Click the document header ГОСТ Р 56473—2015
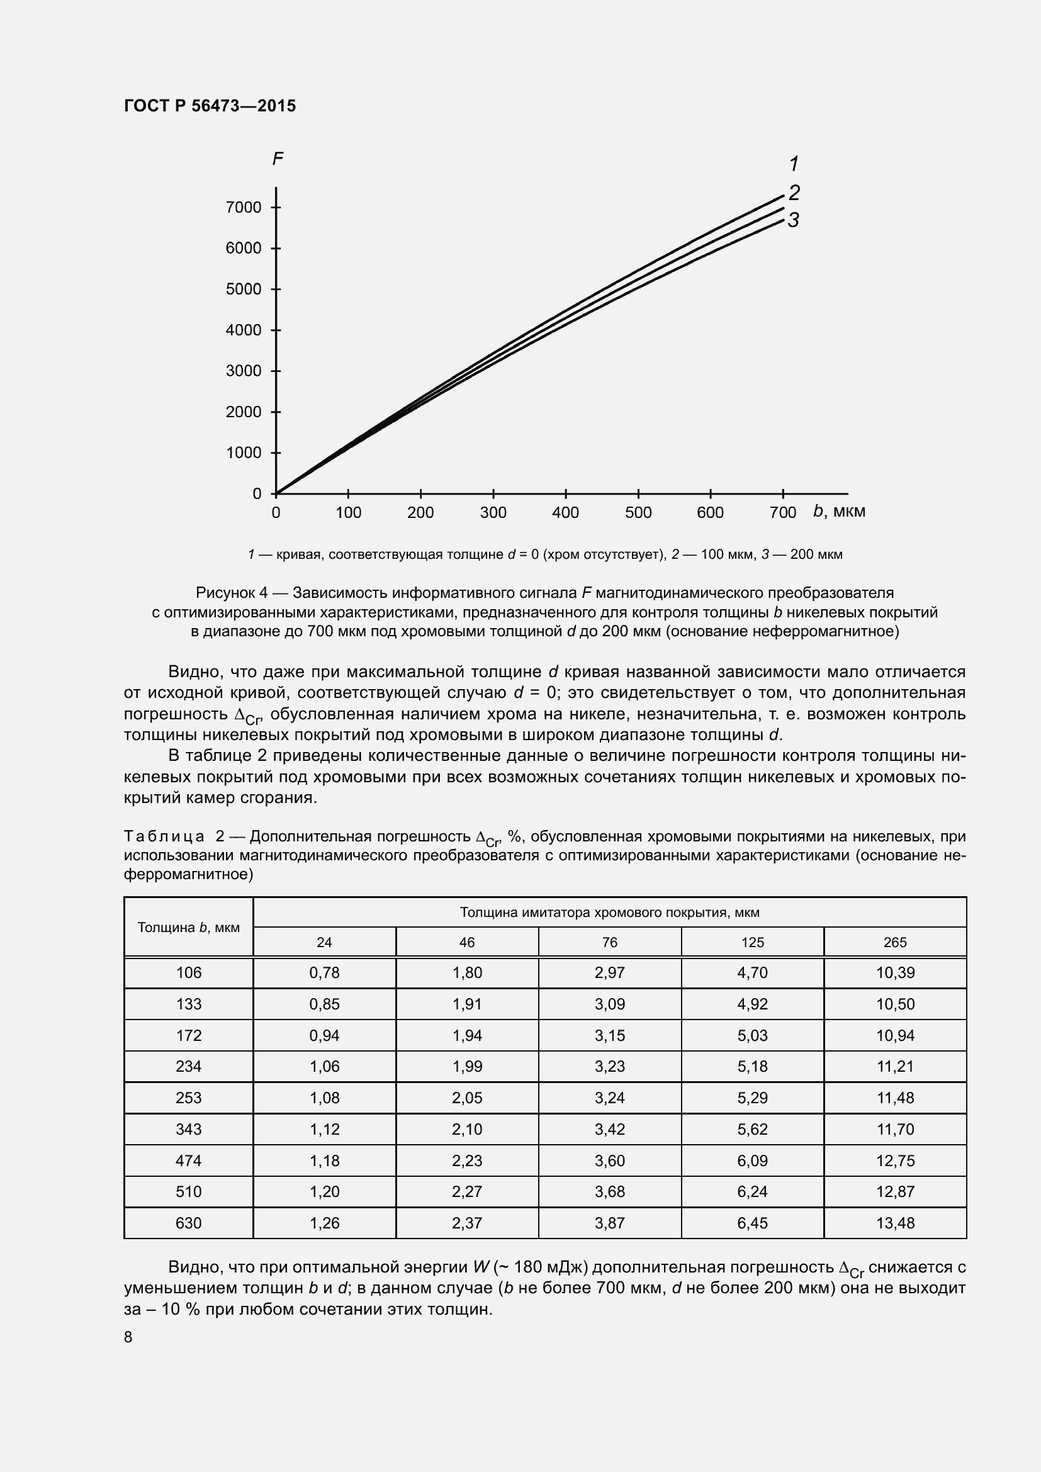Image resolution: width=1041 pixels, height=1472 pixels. coord(210,106)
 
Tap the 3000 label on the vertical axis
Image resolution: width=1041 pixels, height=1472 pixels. coord(244,371)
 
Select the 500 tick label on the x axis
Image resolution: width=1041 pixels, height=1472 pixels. coord(638,512)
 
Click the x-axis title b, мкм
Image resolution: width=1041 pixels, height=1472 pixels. coord(838,511)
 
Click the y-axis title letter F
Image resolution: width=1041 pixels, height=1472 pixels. coord(278,159)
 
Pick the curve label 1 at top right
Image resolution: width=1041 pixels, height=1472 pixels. coord(794,164)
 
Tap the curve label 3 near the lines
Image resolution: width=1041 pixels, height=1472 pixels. coord(793,220)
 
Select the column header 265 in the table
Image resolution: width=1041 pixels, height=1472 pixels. coord(895,942)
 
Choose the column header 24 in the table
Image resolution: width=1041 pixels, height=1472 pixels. coord(324,942)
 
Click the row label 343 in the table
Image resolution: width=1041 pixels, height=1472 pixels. coord(188,1129)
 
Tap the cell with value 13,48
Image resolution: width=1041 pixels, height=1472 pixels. coord(895,1223)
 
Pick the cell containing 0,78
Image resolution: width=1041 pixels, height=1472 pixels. coord(324,972)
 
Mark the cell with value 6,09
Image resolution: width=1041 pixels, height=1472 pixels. coord(752,1160)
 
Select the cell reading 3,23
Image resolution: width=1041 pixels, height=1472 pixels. coord(610,1066)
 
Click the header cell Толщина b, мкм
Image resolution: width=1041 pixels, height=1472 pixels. coord(188,927)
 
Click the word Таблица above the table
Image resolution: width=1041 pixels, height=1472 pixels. coord(164,836)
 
